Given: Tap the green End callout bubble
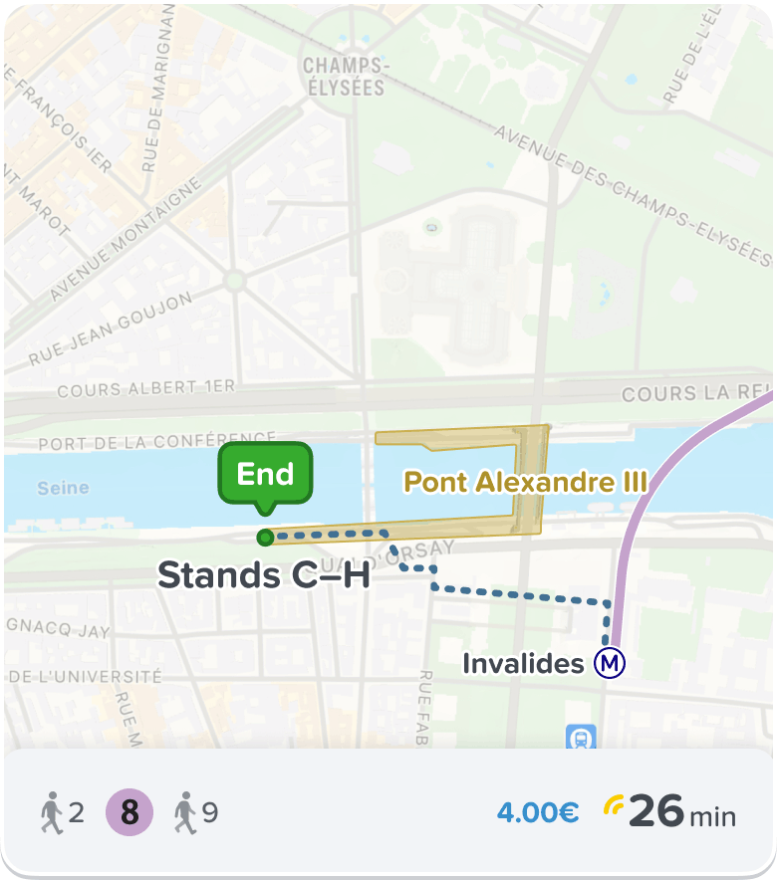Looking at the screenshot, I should point(265,474).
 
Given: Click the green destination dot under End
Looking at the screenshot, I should point(265,539).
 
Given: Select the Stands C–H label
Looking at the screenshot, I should point(264,575).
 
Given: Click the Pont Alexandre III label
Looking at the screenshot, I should point(525,483).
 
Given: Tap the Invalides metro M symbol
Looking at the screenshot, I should point(610,663).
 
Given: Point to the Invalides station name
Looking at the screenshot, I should point(523,663).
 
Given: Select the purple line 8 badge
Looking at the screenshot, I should point(129,813).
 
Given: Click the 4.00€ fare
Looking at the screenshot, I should point(538,813).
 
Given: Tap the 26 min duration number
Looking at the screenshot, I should point(656,812).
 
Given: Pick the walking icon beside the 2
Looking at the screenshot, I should point(52,813).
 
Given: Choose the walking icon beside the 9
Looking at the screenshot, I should point(185,813).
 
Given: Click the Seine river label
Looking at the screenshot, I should point(63,488).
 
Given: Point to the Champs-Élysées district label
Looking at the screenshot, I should point(344,77).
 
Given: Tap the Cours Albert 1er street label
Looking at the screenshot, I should point(146,389).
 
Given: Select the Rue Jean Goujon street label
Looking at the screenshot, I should point(110,330).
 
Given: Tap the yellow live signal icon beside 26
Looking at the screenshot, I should point(613,805).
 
